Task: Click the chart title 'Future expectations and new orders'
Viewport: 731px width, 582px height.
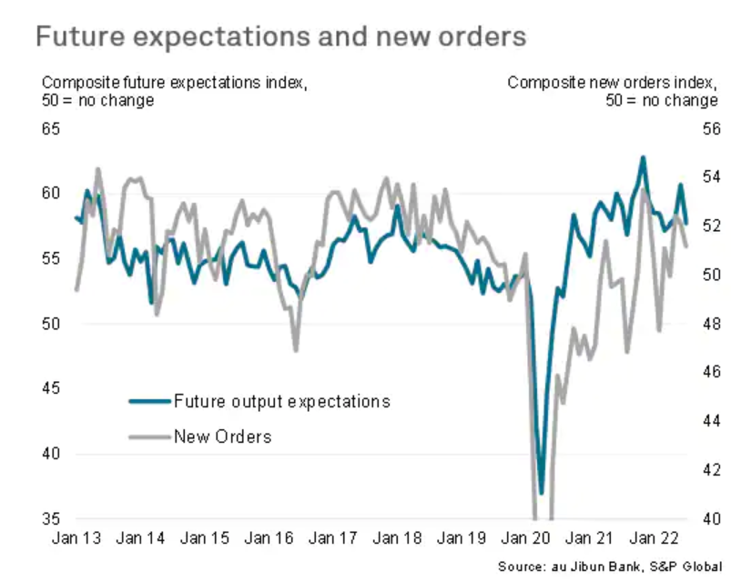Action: [280, 37]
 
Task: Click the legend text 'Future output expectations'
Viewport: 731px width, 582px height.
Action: [282, 401]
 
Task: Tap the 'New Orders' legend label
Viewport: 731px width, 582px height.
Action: [223, 436]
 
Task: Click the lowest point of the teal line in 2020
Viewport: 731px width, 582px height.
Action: [541, 493]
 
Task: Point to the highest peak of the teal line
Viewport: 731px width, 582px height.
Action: [643, 157]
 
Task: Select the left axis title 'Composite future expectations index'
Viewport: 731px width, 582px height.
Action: [174, 83]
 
